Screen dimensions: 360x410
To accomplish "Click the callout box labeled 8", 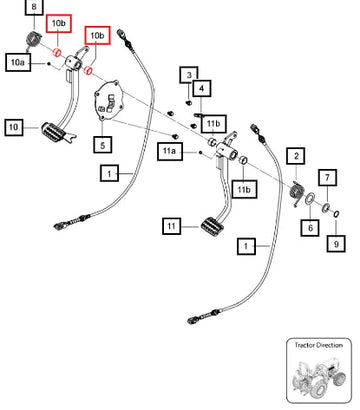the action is point(34,7).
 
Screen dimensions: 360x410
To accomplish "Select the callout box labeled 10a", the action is point(18,62).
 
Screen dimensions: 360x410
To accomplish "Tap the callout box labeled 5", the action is point(102,145).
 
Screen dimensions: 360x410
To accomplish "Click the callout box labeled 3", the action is point(189,75).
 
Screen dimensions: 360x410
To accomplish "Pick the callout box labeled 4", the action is point(201,89).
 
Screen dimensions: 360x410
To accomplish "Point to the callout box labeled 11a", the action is point(170,151).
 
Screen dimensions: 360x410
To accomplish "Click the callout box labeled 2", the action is point(296,156).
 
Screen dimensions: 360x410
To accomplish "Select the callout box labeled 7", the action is point(327,178).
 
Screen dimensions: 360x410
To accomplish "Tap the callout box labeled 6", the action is point(310,228).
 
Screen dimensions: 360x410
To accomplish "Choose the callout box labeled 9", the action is point(336,244).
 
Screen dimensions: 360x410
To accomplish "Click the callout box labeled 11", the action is point(171,226).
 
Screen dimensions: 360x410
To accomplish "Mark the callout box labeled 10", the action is point(14,127).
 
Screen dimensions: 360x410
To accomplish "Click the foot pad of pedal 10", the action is point(54,132).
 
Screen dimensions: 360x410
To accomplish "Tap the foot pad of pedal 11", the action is point(213,227).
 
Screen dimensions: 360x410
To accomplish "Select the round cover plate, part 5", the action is point(109,100).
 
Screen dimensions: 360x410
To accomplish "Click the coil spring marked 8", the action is point(33,40).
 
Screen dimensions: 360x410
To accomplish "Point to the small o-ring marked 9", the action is point(336,214).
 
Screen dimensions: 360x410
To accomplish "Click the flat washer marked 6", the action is point(310,198).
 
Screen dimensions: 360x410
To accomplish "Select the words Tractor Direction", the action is point(318,345).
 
